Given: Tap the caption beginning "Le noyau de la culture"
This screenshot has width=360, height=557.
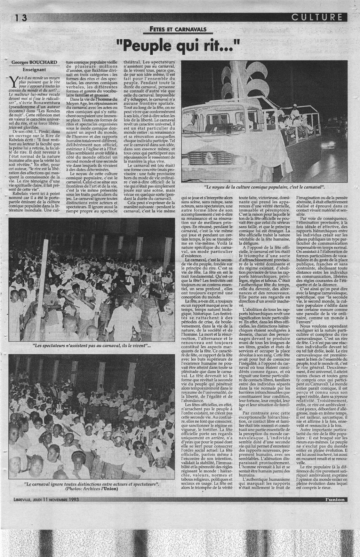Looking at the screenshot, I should click(265, 187).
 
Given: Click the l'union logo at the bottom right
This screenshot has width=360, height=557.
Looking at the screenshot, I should click(333, 500).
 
